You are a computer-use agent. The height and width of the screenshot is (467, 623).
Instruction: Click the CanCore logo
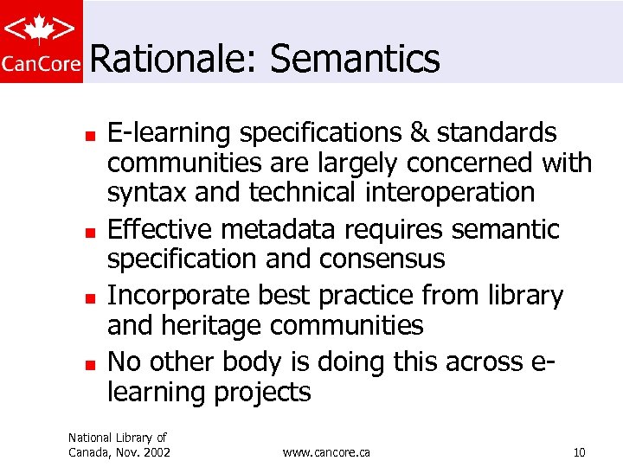(x=42, y=42)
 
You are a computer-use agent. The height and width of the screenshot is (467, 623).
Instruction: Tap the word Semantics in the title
(x=355, y=60)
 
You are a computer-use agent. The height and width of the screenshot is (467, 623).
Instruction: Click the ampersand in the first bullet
(x=419, y=133)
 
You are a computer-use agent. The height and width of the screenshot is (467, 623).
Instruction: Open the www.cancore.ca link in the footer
(x=326, y=452)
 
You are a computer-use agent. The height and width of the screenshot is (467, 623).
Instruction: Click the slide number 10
(x=579, y=452)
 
